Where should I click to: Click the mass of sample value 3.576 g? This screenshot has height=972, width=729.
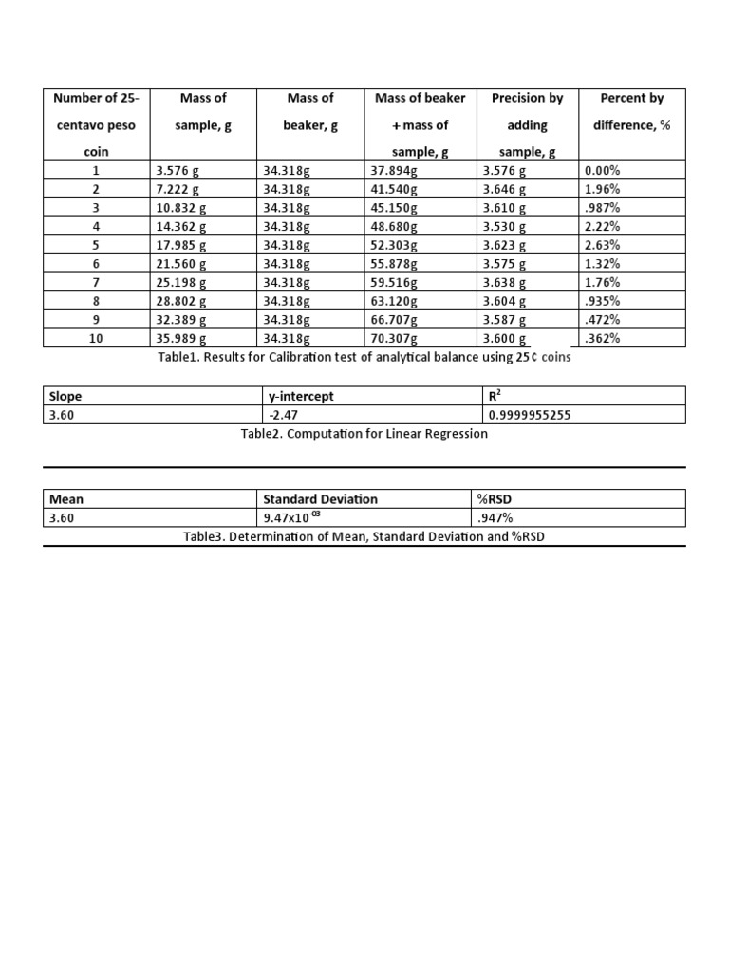[x=177, y=172]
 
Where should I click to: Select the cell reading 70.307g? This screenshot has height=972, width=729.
[x=394, y=338]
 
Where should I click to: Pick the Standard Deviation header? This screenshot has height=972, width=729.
[x=320, y=499]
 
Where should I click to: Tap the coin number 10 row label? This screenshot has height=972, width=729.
[x=96, y=338]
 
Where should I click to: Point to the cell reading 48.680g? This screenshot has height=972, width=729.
[x=394, y=227]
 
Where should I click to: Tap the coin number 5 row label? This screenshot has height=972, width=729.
[x=96, y=245]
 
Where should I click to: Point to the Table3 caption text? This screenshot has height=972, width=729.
[x=364, y=537]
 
